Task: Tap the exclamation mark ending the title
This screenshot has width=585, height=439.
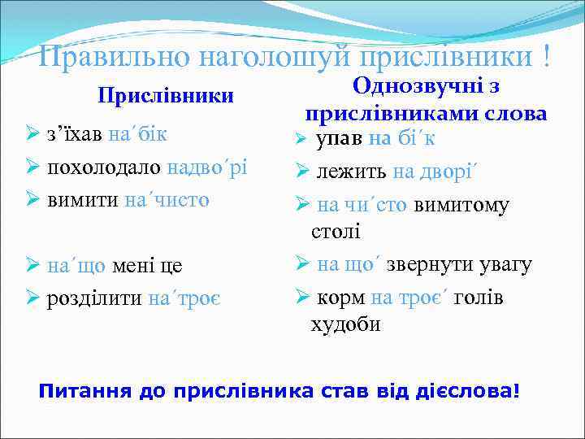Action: [547, 55]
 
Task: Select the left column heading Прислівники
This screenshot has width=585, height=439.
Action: [166, 96]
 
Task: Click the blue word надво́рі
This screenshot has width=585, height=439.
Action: [206, 167]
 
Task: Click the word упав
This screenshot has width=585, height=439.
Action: [340, 138]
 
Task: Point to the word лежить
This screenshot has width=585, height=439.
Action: [352, 171]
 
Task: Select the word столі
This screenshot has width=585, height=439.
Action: [335, 233]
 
